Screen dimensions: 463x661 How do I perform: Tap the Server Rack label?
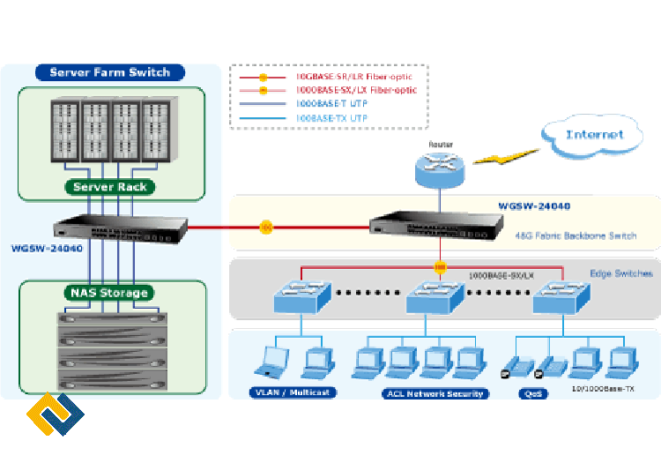[x=110, y=187]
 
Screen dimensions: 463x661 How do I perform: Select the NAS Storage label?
[x=110, y=292]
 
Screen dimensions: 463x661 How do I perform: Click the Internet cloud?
[x=594, y=134]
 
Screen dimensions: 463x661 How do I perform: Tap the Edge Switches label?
[x=620, y=273]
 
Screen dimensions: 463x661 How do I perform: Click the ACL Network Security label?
[x=434, y=393]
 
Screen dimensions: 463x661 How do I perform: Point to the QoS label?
[x=533, y=393]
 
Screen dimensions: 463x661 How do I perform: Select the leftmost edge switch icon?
[x=301, y=296]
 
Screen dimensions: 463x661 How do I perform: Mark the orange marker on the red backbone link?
[x=265, y=228]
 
